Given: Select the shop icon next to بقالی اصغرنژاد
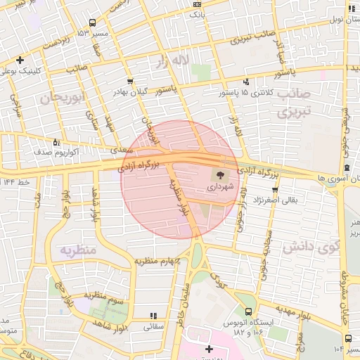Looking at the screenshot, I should pyautogui.click(x=275, y=189).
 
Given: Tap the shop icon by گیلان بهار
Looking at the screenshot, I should pyautogui.click(x=130, y=82).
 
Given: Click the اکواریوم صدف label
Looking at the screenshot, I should pyautogui.click(x=60, y=151).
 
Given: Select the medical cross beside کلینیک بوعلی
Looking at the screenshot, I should pyautogui.click(x=21, y=60).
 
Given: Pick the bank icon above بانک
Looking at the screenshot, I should pyautogui.click(x=196, y=4).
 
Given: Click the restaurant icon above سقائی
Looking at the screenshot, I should pyautogui.click(x=153, y=316).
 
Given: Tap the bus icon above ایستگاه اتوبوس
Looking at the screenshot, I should pyautogui.click(x=248, y=311).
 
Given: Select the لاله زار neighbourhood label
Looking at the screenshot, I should pyautogui.click(x=191, y=62).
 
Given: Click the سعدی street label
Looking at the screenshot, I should pyautogui.click(x=117, y=150).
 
